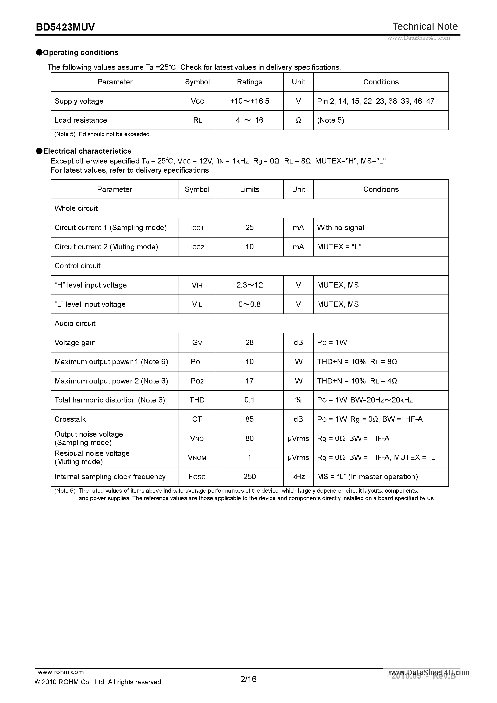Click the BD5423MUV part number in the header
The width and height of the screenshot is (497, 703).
[65, 27]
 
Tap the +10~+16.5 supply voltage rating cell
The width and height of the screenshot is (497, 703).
[249, 101]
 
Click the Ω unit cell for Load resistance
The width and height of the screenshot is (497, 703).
[298, 120]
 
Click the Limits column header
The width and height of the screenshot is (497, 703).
[249, 189]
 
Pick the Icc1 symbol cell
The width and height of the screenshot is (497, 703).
[197, 228]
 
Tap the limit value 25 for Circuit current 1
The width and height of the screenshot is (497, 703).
[249, 227]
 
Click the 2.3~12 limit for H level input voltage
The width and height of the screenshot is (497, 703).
[249, 285]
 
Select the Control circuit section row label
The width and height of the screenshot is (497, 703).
[77, 266]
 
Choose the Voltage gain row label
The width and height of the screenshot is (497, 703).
[75, 343]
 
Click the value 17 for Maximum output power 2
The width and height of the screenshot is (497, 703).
[249, 381]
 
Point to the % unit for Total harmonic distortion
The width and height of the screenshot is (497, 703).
[298, 400]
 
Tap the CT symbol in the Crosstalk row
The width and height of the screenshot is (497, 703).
[197, 419]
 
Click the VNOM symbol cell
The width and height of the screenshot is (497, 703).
[197, 458]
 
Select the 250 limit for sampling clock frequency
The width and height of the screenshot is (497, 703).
[249, 477]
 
